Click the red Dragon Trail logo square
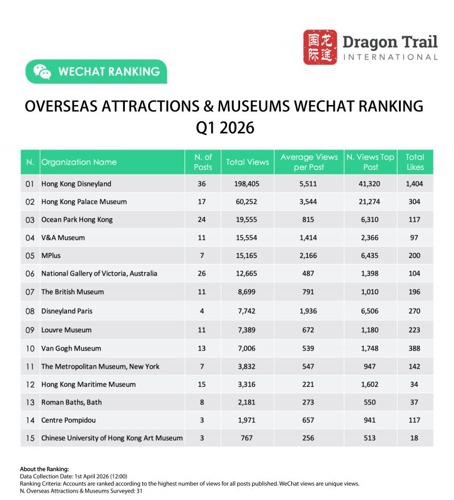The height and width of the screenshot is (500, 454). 320,47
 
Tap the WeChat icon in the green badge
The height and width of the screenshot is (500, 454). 42,72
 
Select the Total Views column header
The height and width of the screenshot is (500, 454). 247,162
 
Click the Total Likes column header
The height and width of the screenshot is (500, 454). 415,162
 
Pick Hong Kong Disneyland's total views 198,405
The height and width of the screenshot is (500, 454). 247,184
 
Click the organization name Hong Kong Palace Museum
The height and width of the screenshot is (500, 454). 84,202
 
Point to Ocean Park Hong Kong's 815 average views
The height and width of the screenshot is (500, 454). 309,219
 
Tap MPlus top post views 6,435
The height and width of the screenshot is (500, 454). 370,256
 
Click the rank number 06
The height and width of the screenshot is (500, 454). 30,273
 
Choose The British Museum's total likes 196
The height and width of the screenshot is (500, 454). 415,292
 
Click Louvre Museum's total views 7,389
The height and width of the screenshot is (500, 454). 247,330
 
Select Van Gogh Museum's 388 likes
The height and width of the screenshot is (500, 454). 415,348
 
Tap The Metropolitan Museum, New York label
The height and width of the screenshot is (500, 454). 100,366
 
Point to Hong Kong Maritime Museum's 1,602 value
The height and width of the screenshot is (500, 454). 370,385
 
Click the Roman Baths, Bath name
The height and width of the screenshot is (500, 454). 72,402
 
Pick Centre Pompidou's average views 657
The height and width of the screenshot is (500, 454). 309,420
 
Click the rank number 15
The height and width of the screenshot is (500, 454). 30,438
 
